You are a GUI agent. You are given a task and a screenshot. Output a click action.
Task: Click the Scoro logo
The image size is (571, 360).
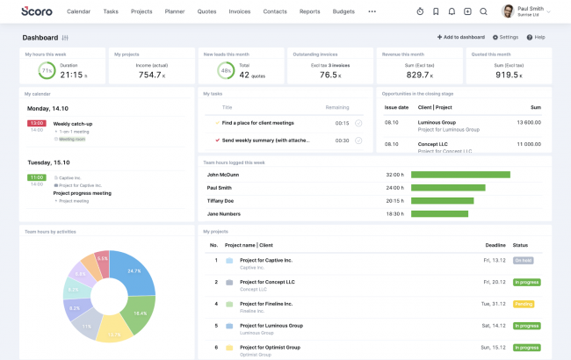tap(37, 11)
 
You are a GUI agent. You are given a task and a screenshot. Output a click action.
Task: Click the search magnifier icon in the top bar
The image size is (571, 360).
tap(483, 11)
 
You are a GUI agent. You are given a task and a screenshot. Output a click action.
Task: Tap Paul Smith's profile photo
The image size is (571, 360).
tap(508, 11)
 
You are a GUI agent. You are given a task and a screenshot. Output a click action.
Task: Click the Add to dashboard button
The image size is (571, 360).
tap(460, 37)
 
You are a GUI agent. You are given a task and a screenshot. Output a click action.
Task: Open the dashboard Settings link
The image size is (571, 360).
tap(505, 37)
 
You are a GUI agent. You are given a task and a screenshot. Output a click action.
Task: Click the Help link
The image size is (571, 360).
tap(536, 37)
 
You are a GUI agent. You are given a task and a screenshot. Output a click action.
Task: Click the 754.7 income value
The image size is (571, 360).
tap(150, 75)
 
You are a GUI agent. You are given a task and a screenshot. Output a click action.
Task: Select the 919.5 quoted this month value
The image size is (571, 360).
tap(508, 75)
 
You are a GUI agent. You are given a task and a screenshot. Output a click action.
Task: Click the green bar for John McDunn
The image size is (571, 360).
tap(460, 175)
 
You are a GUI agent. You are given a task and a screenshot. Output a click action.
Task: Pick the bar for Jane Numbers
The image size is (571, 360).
tap(439, 213)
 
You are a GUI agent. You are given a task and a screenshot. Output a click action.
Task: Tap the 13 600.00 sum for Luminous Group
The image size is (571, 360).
tap(529, 122)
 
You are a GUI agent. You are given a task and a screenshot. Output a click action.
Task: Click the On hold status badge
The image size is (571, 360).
tap(523, 260)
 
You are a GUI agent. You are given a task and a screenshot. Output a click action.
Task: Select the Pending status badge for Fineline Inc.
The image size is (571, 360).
tap(524, 304)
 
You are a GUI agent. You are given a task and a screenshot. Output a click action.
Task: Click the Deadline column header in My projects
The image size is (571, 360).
tap(495, 245)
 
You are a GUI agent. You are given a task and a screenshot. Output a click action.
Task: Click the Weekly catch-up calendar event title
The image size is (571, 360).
tap(72, 124)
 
